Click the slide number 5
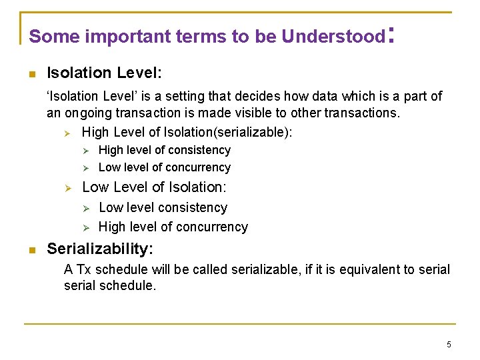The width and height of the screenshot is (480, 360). pyautogui.click(x=449, y=345)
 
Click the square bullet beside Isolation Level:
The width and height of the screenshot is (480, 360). pyautogui.click(x=31, y=73)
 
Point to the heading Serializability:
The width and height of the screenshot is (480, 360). pyautogui.click(x=100, y=249)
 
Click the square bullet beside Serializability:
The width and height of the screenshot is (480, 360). pyautogui.click(x=31, y=250)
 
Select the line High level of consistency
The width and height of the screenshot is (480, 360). pyautogui.click(x=165, y=151)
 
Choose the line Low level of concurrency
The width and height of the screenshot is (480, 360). pyautogui.click(x=165, y=167)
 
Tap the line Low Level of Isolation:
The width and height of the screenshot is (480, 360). pyautogui.click(x=154, y=187)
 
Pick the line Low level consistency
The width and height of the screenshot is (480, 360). pyautogui.click(x=163, y=208)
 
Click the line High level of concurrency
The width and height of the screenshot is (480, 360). pyautogui.click(x=173, y=227)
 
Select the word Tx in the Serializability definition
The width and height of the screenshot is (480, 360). pyautogui.click(x=84, y=270)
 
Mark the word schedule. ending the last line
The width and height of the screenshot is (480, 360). pyautogui.click(x=130, y=286)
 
